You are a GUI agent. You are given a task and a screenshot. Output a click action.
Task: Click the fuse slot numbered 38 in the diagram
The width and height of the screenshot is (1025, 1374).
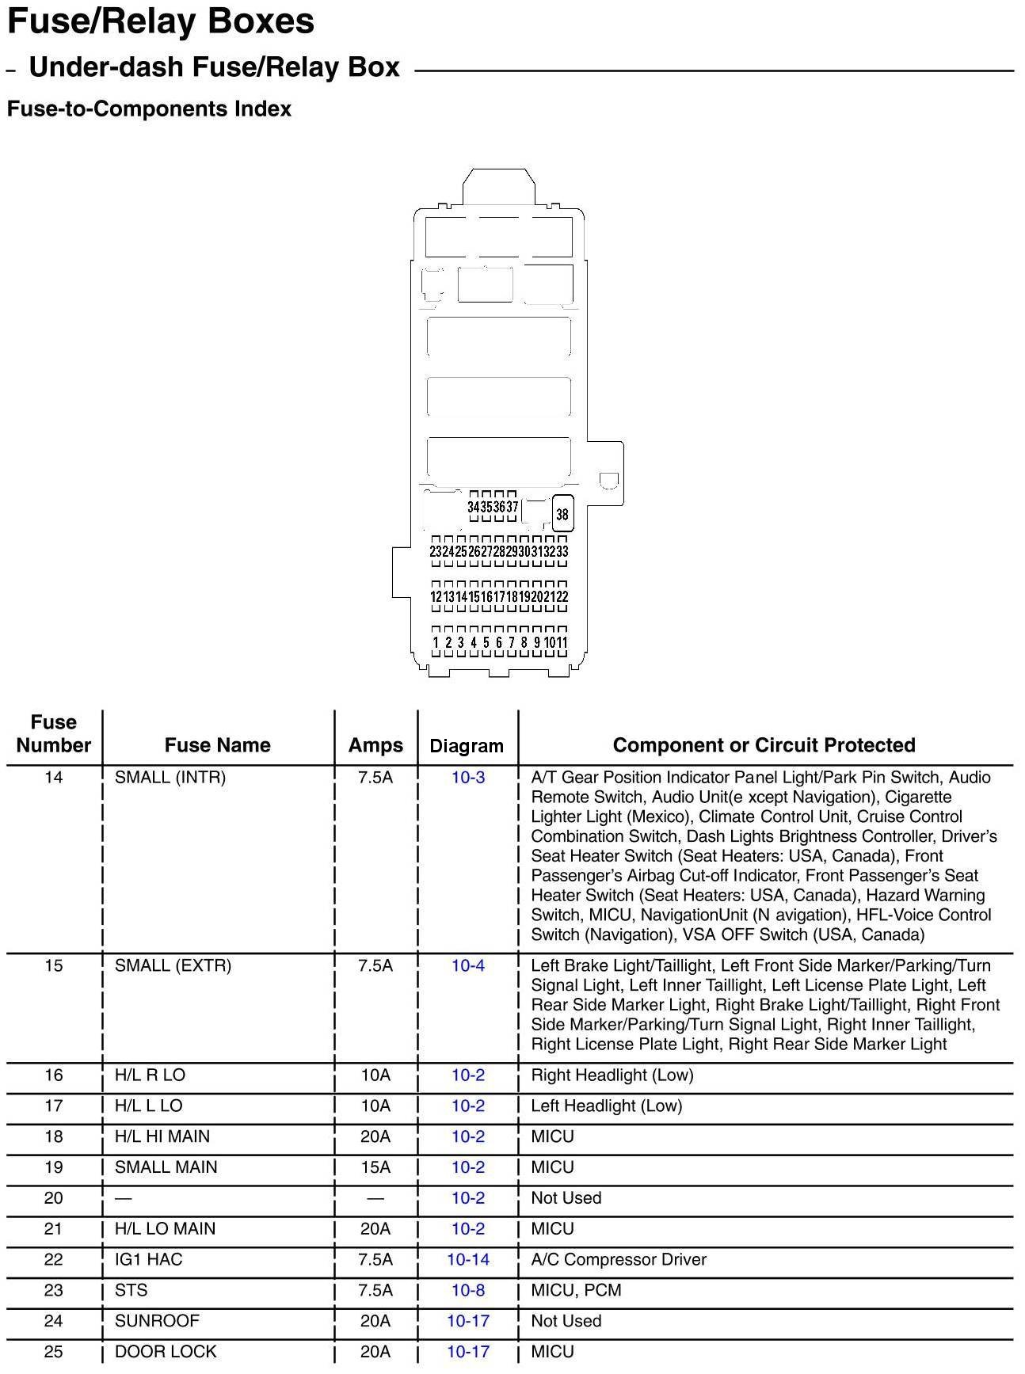point(562,514)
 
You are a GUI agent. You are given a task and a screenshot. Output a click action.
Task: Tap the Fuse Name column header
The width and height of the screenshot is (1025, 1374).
point(217,745)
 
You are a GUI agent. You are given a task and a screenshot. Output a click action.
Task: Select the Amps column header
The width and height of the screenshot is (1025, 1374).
point(375,745)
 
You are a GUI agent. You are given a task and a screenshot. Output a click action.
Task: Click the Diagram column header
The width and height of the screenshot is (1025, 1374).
point(467,746)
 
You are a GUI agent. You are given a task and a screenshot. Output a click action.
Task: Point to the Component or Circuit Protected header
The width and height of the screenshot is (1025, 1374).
point(764,745)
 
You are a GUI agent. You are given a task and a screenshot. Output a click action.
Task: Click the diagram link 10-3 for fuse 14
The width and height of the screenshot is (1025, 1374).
point(468,778)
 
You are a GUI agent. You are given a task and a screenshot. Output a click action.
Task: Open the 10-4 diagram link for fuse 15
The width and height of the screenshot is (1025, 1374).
point(468,965)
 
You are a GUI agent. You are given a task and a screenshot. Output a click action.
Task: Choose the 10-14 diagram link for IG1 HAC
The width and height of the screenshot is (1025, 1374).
point(468,1259)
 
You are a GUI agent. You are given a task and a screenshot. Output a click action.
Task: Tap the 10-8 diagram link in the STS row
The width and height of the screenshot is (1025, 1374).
point(468,1290)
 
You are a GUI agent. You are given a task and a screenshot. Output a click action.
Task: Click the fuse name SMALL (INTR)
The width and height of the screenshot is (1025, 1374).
point(170,778)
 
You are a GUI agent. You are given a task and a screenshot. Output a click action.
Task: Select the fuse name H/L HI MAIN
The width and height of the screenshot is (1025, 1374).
point(162,1136)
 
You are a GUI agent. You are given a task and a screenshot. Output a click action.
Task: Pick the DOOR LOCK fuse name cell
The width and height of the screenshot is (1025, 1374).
point(166,1352)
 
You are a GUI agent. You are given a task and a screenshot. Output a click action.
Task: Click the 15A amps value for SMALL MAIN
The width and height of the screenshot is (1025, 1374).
point(375,1167)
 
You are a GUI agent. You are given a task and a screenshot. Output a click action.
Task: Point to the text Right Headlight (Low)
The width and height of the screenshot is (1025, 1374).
point(612,1075)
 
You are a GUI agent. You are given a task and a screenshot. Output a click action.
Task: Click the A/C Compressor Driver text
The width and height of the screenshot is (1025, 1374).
point(619,1259)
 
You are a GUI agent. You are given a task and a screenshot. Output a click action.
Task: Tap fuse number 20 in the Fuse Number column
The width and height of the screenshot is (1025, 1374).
point(53,1198)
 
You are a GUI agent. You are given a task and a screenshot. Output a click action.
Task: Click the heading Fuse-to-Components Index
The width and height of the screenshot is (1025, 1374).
point(149,108)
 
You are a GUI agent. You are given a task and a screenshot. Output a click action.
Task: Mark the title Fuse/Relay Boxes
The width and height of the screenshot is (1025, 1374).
point(161,21)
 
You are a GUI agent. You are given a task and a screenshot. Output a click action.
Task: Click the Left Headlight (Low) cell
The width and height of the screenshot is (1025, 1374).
point(607,1106)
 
